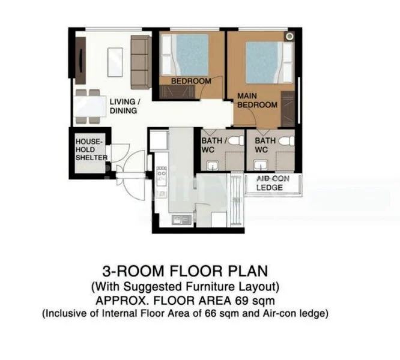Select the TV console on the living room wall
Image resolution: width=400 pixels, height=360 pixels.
click(x=80, y=60)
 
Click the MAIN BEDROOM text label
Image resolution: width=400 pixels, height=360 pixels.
click(x=257, y=100)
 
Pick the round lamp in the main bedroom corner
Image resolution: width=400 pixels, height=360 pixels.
click(x=289, y=37)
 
